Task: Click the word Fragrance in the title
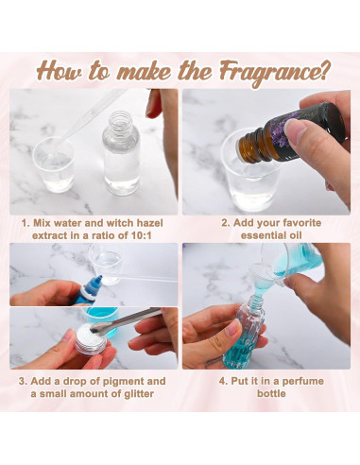pos(268,73)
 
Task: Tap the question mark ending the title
pos(324,70)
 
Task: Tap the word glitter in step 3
pos(139,394)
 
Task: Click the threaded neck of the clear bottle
pos(120,120)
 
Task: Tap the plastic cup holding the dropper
pos(54,164)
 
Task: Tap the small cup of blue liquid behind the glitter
pos(101,319)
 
